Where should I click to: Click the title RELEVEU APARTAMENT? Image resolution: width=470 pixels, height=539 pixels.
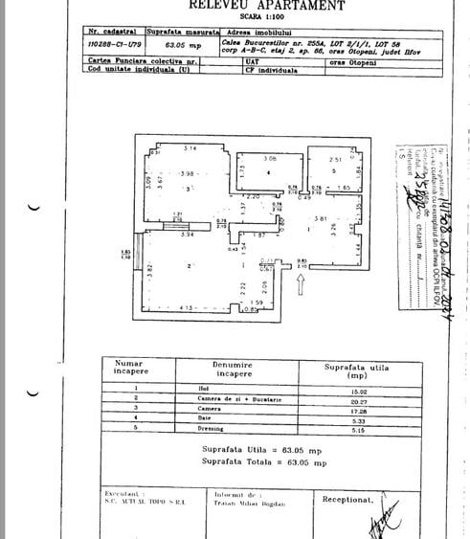pos(266,6)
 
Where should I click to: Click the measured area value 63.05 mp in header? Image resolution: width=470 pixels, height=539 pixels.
pos(182,43)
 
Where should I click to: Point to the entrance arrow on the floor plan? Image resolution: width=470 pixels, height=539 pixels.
pos(302,281)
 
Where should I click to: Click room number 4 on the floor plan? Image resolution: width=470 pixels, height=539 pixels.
pos(270,173)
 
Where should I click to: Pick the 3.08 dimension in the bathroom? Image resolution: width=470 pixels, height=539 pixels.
pos(270,158)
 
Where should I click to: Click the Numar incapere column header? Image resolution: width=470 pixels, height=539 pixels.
pos(128,369)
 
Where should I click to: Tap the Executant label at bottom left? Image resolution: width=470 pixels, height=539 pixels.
pos(122,494)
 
